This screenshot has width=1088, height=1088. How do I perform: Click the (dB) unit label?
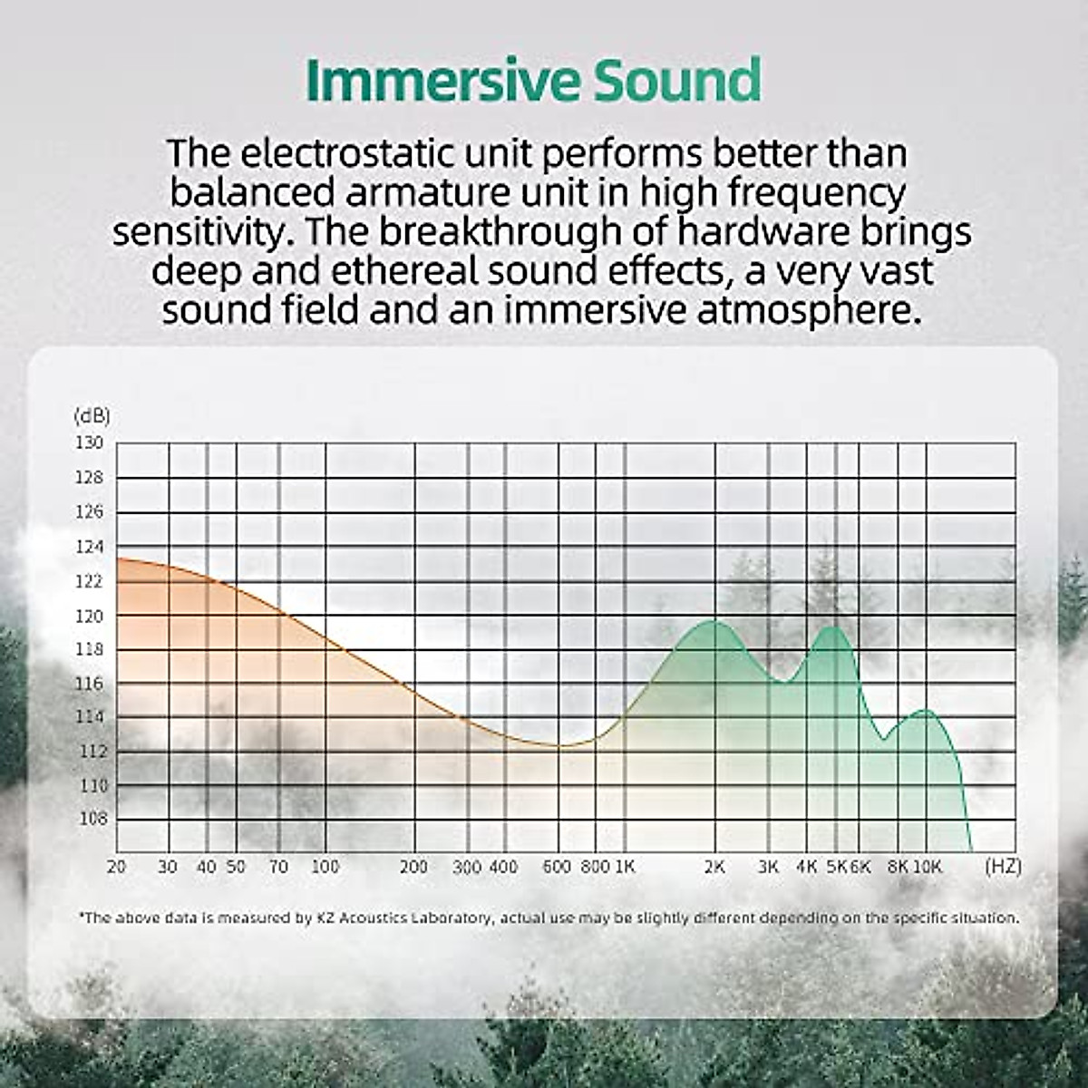tap(91, 416)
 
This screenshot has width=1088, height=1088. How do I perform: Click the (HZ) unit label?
tap(1003, 867)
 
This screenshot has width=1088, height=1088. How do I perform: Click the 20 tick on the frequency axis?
tap(116, 867)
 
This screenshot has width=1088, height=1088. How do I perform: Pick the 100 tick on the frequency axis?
tap(325, 867)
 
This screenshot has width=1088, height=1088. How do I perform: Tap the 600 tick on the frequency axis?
tap(557, 867)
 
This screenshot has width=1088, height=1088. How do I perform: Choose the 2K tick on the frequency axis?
tap(714, 867)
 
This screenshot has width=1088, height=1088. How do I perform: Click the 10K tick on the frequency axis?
tap(927, 867)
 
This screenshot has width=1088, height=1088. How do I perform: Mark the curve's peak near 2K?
tap(714, 621)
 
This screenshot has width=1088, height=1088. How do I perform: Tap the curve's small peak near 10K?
tap(924, 710)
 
